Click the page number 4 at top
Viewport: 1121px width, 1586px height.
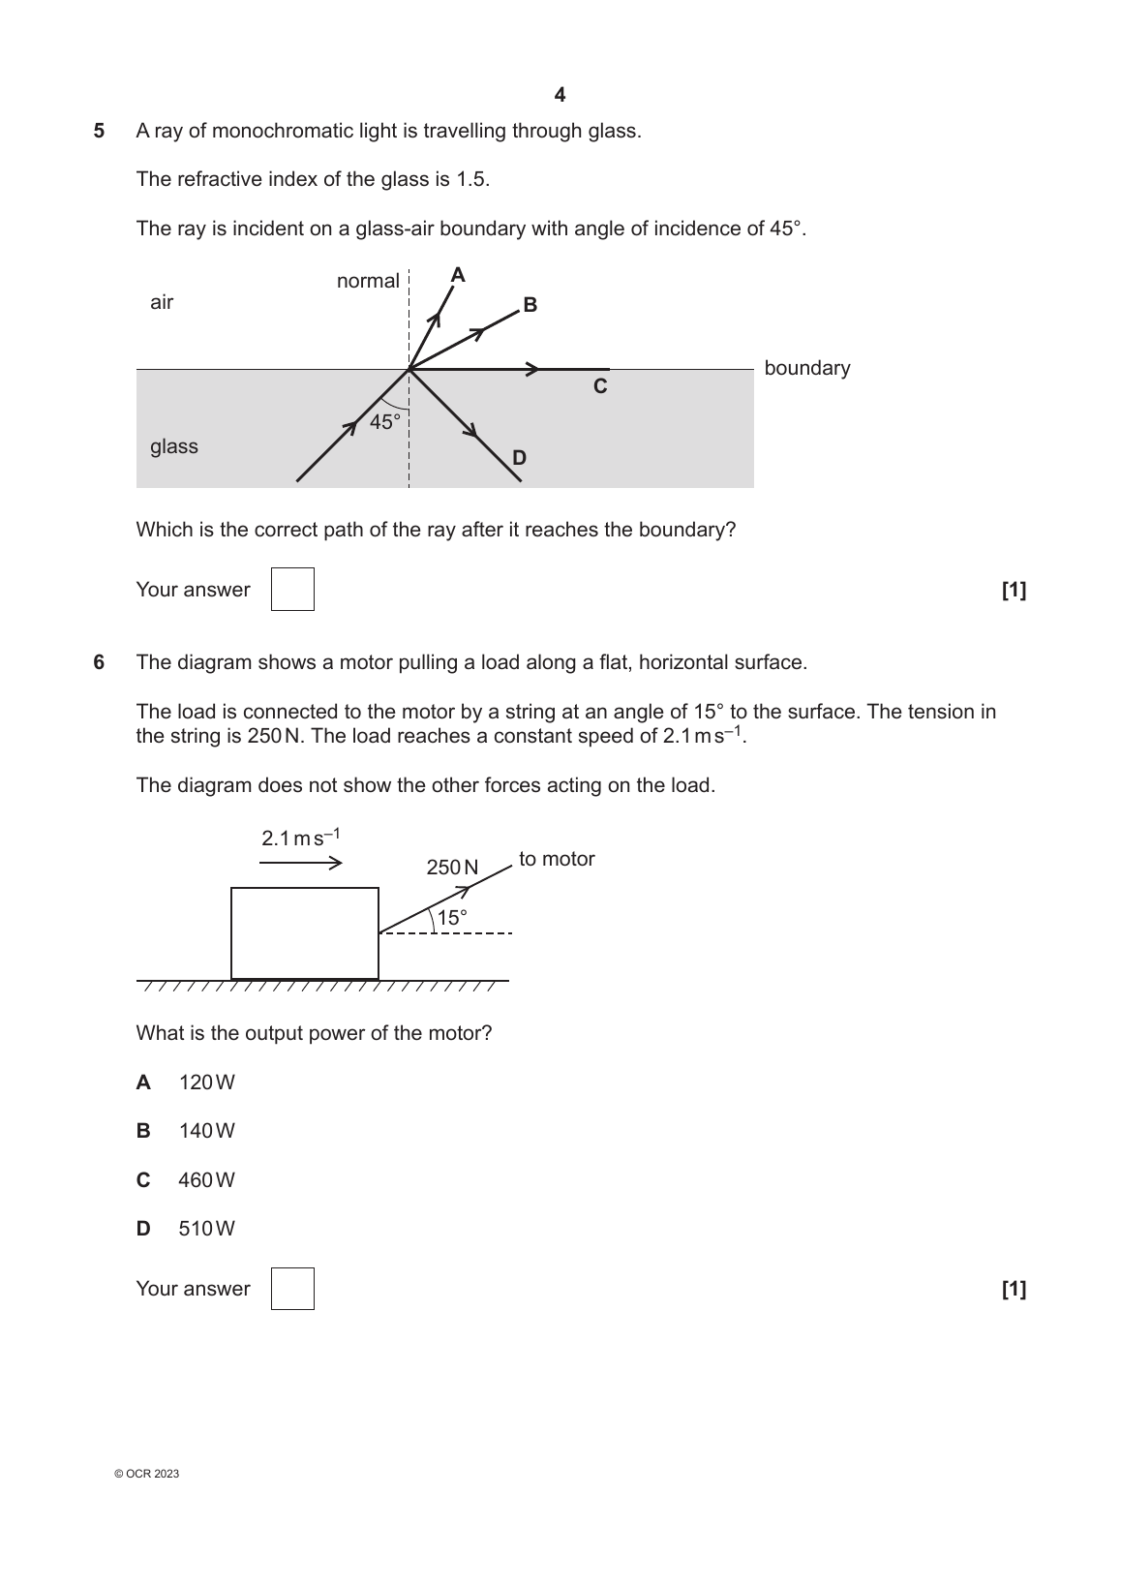(560, 95)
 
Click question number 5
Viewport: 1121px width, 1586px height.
(99, 131)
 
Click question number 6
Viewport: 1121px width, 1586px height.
(99, 662)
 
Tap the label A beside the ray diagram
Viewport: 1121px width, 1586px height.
(458, 276)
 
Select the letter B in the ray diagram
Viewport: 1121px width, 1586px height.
(530, 305)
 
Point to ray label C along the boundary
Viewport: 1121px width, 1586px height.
(600, 386)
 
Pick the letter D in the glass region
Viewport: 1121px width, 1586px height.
(519, 458)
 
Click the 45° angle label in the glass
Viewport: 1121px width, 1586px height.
(385, 422)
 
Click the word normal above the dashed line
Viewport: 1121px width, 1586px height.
(368, 281)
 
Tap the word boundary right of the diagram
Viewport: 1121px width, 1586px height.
(806, 368)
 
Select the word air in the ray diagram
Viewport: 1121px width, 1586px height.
(162, 302)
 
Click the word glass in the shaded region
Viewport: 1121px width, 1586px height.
(174, 446)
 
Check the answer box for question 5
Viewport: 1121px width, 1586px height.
(292, 590)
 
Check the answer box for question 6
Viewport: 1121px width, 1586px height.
(292, 1289)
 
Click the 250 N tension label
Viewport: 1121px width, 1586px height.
(452, 868)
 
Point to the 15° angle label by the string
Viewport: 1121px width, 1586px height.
(452, 918)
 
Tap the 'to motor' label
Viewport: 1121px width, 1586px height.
(557, 859)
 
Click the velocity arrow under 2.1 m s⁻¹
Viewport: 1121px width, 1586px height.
(301, 863)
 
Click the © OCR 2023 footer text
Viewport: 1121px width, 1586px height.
(146, 1474)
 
